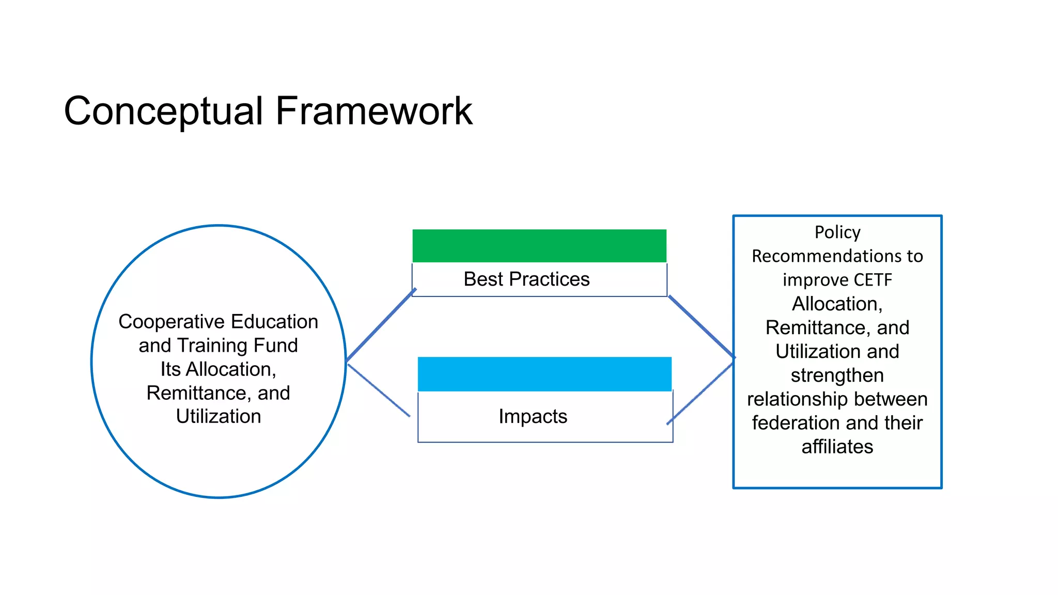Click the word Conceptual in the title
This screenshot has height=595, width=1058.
click(163, 112)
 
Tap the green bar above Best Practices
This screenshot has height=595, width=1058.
click(539, 246)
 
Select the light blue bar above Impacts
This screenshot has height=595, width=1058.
click(544, 374)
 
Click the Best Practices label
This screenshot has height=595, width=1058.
click(526, 279)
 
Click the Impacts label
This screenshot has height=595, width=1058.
click(533, 416)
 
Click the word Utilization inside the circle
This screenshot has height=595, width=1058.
click(218, 416)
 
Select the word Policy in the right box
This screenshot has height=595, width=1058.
click(837, 232)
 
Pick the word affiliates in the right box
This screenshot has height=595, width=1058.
click(837, 447)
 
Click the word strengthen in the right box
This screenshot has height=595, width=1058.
click(837, 375)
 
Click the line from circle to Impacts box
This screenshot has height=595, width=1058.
click(379, 390)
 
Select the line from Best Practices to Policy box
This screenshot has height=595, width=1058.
click(702, 326)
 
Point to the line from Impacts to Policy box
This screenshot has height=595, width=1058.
click(701, 394)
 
